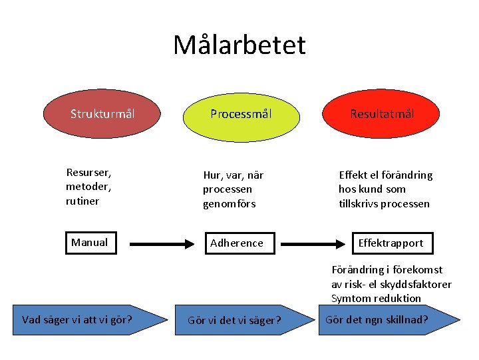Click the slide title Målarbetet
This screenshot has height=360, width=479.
point(239,45)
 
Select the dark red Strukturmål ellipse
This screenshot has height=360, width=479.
point(102,114)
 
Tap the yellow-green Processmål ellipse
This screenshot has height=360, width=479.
point(240,114)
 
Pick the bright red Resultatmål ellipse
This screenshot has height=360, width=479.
point(383,114)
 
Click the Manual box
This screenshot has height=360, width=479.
point(89,243)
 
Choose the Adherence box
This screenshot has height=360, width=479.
point(237,243)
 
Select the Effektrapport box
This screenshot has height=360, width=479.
point(391,243)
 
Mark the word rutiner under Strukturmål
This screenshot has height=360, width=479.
point(82,201)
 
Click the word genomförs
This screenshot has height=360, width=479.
point(229,203)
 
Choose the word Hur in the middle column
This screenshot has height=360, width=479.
point(212,175)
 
